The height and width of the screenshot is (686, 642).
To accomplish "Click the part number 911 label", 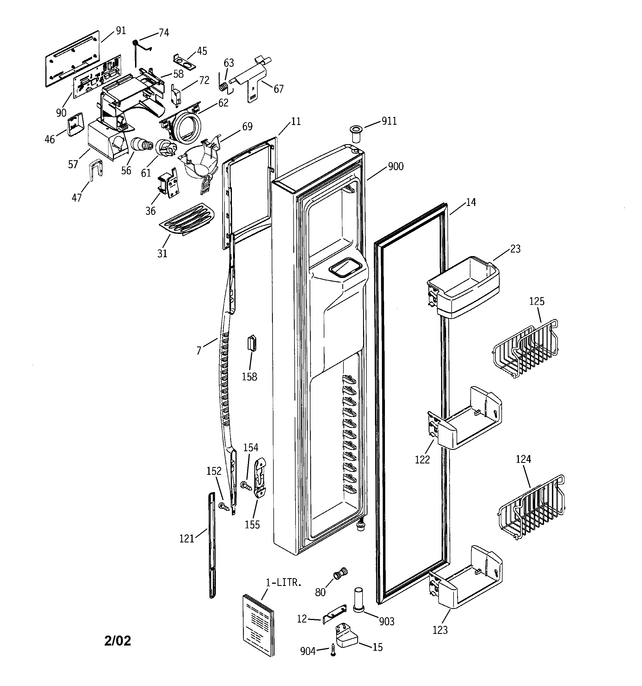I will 389,121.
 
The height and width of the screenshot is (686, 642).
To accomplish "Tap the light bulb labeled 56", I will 141,144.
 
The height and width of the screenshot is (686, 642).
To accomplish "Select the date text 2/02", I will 118,641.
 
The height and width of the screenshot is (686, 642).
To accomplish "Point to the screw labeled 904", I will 333,649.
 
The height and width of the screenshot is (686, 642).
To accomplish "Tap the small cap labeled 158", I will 252,343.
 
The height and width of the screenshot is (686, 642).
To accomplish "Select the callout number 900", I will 396,166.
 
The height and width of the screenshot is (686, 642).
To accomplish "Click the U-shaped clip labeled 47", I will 95,169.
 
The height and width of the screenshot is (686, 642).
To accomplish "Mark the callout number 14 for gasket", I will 471,202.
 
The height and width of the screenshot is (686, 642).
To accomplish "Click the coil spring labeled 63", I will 224,86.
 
